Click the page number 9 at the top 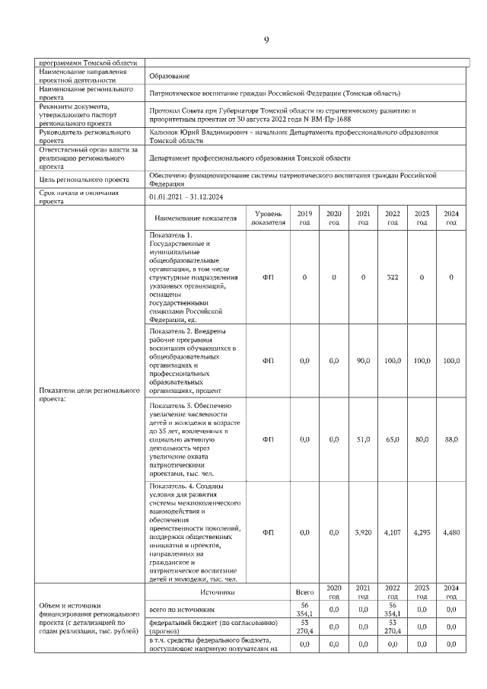click(266, 40)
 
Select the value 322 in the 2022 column click(392, 276)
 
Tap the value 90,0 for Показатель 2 click(363, 359)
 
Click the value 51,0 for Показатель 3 click(363, 439)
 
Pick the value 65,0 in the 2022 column click(392, 439)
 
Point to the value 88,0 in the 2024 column click(450, 439)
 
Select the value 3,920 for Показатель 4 click(363, 532)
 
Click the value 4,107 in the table click(392, 532)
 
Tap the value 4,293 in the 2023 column click(422, 532)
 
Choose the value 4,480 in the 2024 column click(450, 532)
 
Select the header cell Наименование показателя click(196, 219)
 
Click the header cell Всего click(304, 592)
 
